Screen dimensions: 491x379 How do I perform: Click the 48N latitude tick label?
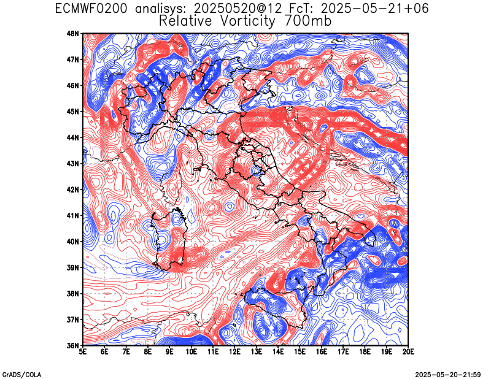73,33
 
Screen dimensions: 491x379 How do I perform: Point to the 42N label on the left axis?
73,189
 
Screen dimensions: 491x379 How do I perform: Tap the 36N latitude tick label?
73,345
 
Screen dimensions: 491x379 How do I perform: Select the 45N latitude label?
73,112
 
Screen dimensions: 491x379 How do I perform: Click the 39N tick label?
73,267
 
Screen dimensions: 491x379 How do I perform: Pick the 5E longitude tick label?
83,352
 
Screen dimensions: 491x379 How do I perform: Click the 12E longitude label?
234,352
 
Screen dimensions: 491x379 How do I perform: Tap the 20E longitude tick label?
408,352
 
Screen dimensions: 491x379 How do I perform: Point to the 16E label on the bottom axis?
321,352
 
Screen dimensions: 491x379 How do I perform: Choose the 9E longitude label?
170,352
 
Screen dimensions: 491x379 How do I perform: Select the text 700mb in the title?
307,21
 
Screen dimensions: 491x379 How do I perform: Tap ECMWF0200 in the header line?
91,8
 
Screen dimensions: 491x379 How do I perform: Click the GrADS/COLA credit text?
21,375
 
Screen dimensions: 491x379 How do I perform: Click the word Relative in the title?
185,21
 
